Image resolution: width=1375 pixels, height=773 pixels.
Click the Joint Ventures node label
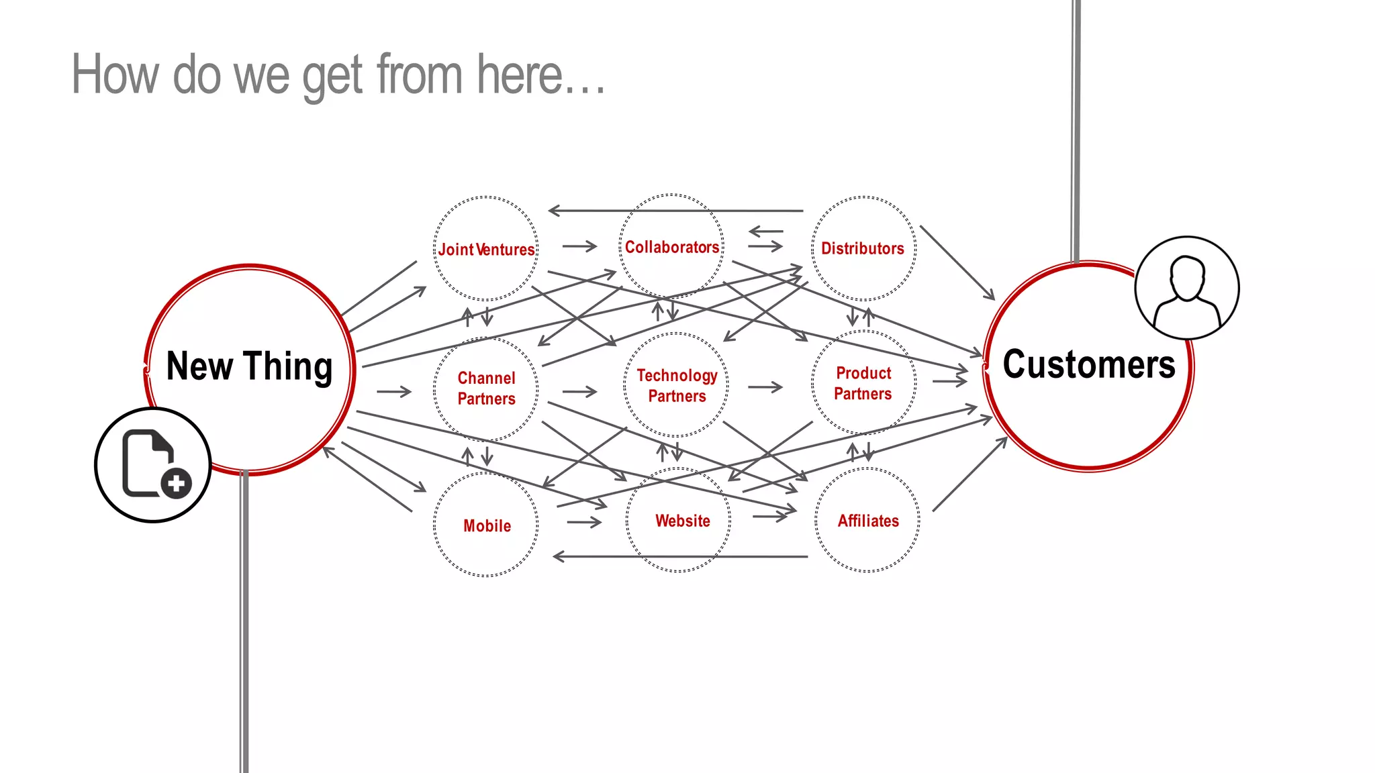click(x=486, y=250)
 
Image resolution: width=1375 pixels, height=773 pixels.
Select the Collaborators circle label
click(x=671, y=248)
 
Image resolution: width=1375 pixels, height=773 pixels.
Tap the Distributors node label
click(x=862, y=249)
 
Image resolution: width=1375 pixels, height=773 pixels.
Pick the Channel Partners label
click(x=486, y=389)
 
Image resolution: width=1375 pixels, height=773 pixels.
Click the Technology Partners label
click(x=677, y=386)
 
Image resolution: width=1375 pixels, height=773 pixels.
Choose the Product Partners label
click(x=863, y=383)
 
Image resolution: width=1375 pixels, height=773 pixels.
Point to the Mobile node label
click(x=487, y=526)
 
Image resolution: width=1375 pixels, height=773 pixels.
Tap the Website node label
click(x=682, y=521)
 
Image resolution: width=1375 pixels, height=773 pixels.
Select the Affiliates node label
click(x=867, y=521)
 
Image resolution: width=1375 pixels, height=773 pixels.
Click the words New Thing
click(x=249, y=366)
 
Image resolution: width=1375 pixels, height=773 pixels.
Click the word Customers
click(x=1088, y=364)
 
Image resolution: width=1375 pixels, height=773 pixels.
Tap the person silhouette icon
click(x=1186, y=289)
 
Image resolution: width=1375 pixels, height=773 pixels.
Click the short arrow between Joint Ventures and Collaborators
click(x=579, y=246)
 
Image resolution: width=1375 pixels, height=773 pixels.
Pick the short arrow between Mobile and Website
click(x=583, y=521)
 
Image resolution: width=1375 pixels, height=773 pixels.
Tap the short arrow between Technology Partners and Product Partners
click(x=765, y=387)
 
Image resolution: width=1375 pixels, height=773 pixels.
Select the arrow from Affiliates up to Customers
click(x=969, y=474)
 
